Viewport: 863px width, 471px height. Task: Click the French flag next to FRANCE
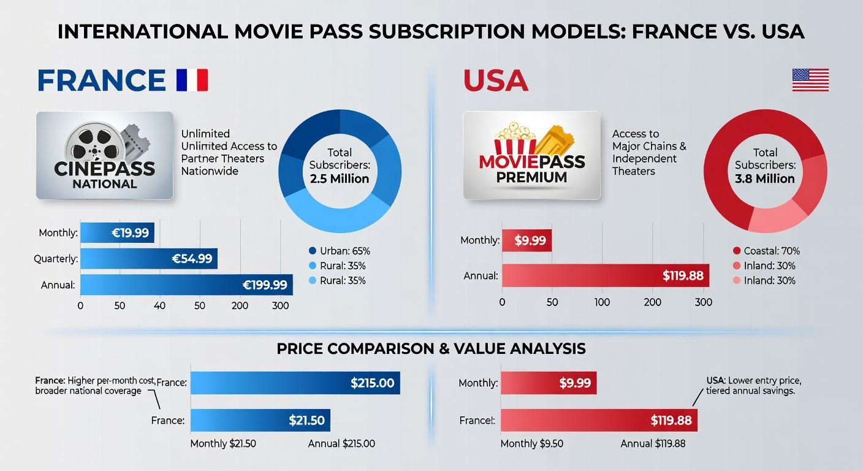point(192,80)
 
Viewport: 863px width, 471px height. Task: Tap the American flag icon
point(810,80)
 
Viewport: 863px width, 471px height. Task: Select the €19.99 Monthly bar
point(117,232)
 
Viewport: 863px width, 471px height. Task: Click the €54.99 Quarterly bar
point(149,259)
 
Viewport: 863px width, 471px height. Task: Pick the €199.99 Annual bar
point(186,285)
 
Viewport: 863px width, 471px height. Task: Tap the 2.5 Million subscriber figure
point(339,179)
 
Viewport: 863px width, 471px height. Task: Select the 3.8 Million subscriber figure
point(764,179)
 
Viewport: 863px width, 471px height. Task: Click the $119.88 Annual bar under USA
point(605,275)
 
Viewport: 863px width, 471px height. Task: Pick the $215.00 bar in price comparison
point(295,383)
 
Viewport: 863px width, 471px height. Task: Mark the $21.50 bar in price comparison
point(260,421)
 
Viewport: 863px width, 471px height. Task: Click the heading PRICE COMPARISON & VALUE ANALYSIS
point(431,349)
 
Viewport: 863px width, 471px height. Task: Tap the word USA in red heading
point(495,80)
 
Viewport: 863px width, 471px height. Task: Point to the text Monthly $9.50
point(532,443)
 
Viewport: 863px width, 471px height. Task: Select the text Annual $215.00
point(341,443)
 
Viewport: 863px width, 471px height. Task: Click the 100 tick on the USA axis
point(602,302)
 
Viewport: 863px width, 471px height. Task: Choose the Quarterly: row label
point(56,259)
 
